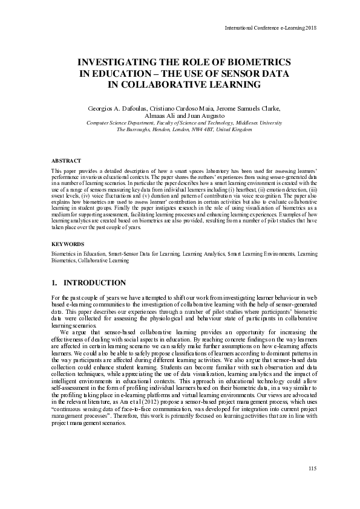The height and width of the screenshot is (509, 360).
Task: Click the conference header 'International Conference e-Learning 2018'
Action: pyautogui.click(x=270, y=28)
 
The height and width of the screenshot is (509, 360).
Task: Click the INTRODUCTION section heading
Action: pyautogui.click(x=95, y=283)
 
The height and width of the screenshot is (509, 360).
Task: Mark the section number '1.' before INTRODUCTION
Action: pyautogui.click(x=55, y=283)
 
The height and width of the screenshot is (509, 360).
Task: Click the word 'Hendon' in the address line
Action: pyautogui.click(x=151, y=129)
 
